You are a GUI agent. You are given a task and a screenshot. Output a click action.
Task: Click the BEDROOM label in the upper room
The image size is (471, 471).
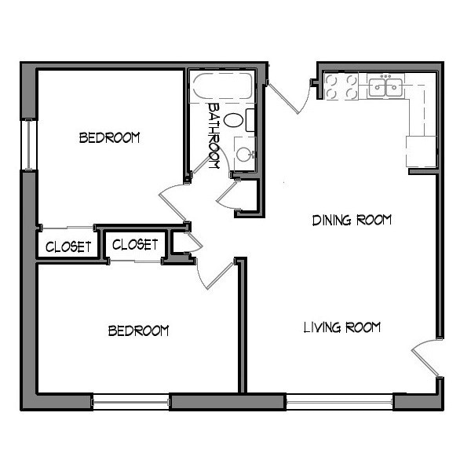click(x=109, y=138)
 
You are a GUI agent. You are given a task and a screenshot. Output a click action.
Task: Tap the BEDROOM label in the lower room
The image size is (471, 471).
click(x=138, y=330)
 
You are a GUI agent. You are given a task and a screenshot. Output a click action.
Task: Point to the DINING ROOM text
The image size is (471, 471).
click(x=352, y=220)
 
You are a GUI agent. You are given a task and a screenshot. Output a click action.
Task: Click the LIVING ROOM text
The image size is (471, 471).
click(x=342, y=327)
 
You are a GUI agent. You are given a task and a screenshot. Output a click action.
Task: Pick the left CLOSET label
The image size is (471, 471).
click(x=68, y=246)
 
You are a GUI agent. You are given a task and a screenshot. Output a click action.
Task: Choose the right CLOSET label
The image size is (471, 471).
click(x=135, y=245)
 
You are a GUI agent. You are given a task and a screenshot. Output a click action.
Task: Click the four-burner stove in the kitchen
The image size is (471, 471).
click(x=341, y=86)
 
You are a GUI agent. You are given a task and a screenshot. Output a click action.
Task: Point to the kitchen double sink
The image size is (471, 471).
click(x=385, y=86)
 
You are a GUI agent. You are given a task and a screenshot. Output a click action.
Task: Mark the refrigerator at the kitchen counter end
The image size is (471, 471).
click(x=420, y=151)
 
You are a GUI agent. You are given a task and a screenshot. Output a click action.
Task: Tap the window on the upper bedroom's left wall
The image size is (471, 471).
click(x=29, y=143)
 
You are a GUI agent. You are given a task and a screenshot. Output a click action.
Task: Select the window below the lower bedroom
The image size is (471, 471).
click(x=131, y=402)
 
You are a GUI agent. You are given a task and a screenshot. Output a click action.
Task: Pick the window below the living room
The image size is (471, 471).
click(x=338, y=402)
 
